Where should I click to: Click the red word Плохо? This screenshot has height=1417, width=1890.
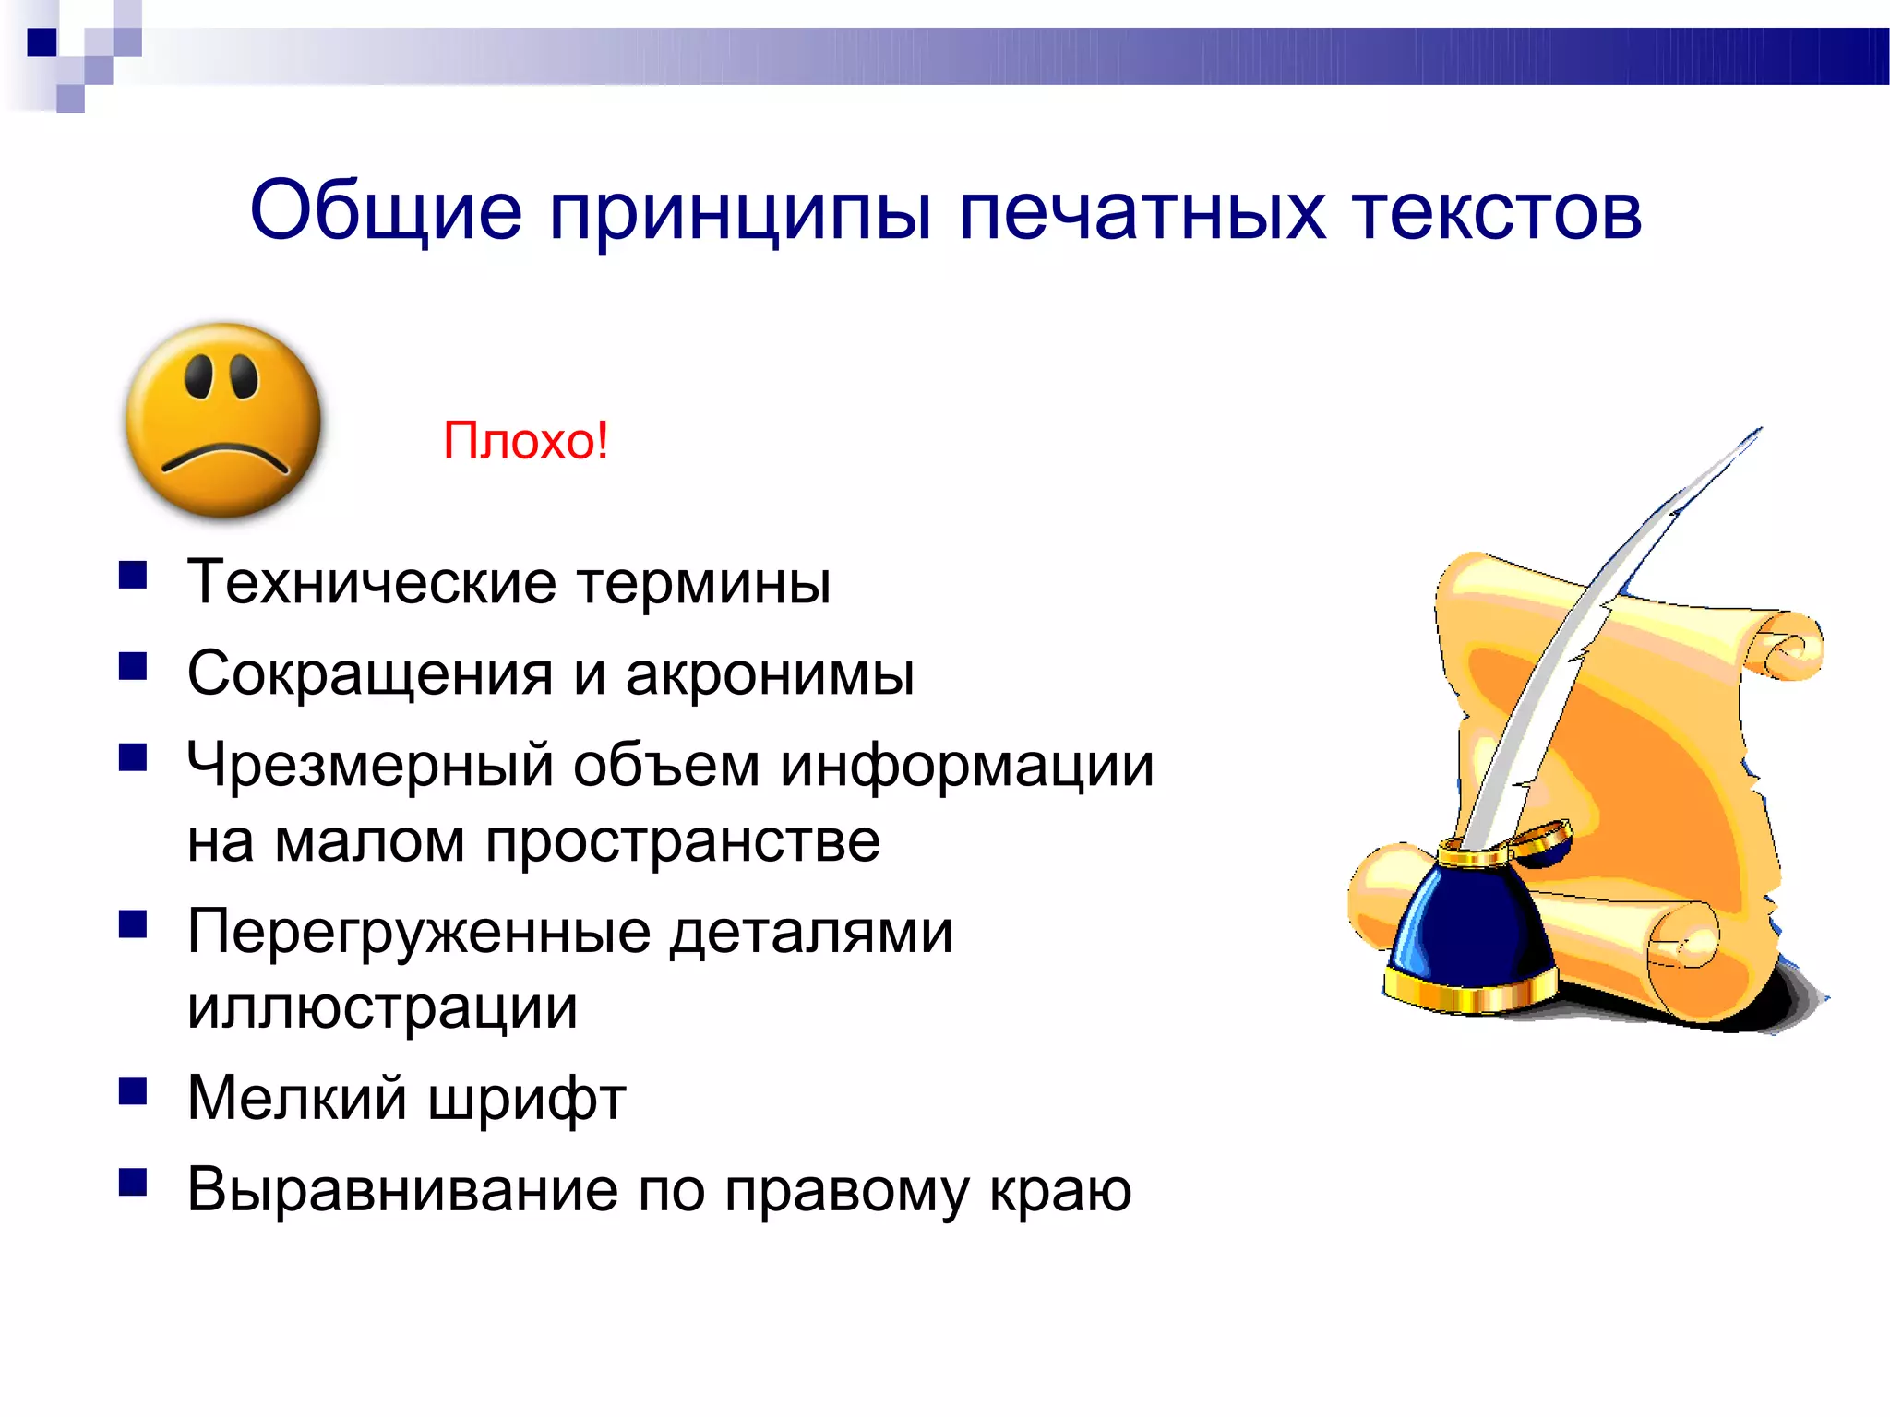point(525,440)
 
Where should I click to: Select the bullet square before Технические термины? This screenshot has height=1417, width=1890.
point(133,576)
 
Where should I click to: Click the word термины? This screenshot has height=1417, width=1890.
point(704,583)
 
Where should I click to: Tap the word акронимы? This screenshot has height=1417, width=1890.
point(770,673)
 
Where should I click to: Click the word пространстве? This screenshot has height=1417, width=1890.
point(683,841)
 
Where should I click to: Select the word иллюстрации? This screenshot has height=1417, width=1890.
point(382,1007)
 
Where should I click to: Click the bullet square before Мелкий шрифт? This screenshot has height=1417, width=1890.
point(133,1091)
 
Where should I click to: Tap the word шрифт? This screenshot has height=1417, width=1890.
point(527,1100)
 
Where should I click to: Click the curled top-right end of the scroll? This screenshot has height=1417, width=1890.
point(1788,647)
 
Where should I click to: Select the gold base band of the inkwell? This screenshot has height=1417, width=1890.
point(1467,993)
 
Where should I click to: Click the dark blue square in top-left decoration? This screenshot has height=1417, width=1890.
point(42,42)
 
